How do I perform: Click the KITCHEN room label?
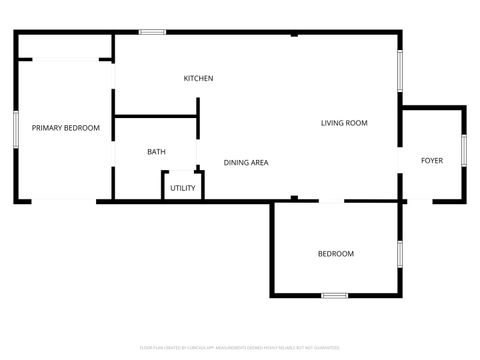[198, 78]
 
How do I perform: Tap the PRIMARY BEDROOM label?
[66, 128]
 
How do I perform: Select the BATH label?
[157, 152]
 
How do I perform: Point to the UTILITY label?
[183, 188]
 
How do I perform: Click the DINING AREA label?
[246, 162]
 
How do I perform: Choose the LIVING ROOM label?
[344, 124]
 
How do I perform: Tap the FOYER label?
[432, 160]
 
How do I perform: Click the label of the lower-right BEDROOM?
[336, 254]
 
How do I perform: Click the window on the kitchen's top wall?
[152, 32]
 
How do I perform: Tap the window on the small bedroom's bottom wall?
[335, 295]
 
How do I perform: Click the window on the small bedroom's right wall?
[400, 256]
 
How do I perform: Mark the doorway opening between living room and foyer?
[401, 160]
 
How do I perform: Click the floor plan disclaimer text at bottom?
[240, 349]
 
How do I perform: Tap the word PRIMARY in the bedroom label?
[47, 128]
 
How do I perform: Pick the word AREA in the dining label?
[259, 162]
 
